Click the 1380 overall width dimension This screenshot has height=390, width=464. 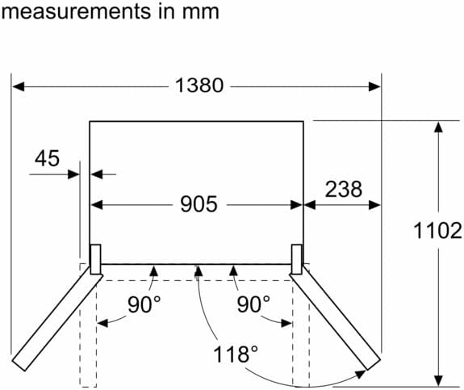(x=199, y=86)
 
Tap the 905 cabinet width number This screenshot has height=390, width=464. (x=199, y=204)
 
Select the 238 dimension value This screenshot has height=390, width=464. (x=343, y=189)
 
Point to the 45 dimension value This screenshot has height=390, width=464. (x=47, y=158)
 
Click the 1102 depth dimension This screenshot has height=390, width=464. (x=438, y=231)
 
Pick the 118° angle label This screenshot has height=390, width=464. (x=236, y=354)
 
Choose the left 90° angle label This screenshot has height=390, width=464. (x=144, y=304)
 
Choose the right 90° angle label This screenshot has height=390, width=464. (x=253, y=304)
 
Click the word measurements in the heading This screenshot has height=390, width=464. (x=77, y=12)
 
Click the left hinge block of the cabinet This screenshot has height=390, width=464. (x=95, y=259)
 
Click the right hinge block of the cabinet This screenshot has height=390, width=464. (x=297, y=259)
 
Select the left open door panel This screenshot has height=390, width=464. (x=57, y=318)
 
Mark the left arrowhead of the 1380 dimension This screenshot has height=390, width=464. (x=18, y=86)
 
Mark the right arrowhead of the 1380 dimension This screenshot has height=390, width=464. (x=374, y=86)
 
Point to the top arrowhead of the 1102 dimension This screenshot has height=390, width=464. (x=438, y=127)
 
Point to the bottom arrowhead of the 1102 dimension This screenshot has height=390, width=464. (x=438, y=380)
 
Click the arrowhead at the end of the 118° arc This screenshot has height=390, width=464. (x=361, y=374)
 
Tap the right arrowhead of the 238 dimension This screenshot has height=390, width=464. (x=374, y=205)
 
